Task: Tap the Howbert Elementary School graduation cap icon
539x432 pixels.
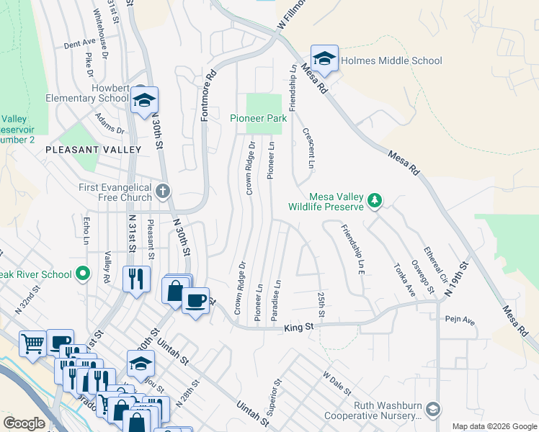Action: point(144,101)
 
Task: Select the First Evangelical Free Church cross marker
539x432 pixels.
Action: point(164,192)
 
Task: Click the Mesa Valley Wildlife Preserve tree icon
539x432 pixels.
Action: point(374,199)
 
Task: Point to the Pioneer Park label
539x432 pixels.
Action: point(258,118)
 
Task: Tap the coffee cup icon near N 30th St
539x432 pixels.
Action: point(195,300)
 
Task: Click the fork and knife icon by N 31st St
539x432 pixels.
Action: point(135,278)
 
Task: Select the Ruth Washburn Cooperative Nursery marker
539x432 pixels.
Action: point(432,409)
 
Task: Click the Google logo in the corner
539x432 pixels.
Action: point(24,423)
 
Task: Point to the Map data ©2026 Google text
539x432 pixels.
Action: point(494,426)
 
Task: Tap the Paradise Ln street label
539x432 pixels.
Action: point(275,300)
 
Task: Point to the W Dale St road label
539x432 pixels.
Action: point(337,384)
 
